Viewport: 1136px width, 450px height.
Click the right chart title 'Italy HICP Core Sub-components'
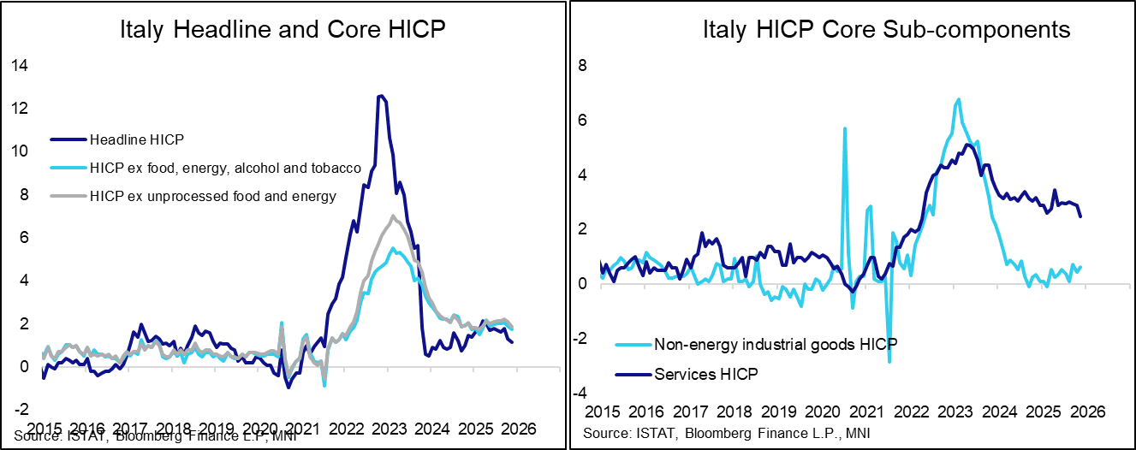click(886, 31)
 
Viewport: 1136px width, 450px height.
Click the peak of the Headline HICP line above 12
click(380, 96)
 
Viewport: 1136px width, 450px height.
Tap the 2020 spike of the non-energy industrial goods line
click(845, 128)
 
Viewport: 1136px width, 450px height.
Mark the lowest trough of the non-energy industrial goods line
click(889, 362)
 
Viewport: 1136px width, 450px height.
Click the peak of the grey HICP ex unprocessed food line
click(392, 216)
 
